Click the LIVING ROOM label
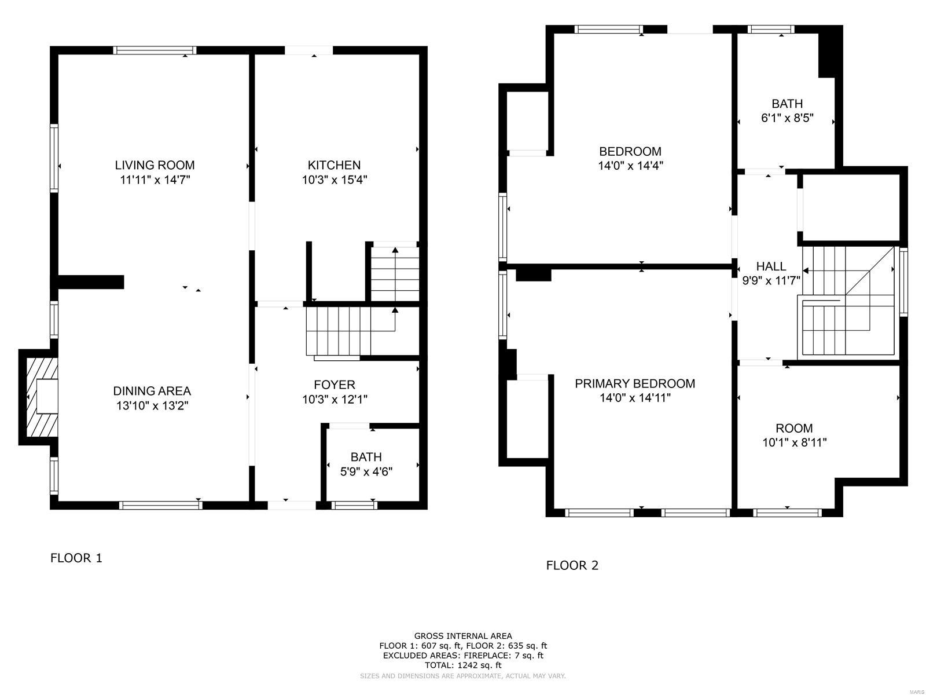point(155,165)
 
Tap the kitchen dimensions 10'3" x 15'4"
point(335,180)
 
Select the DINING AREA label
point(152,391)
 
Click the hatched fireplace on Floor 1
point(42,397)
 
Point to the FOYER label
point(335,385)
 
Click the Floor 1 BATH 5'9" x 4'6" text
point(366,471)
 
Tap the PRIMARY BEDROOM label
point(634,383)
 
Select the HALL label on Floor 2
point(771,266)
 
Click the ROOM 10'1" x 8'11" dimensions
point(794,442)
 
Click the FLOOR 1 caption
point(76,558)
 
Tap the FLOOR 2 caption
point(572,565)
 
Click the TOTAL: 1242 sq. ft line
point(463,665)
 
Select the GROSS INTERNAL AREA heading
point(463,636)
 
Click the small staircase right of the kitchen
point(395,272)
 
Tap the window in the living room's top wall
point(155,50)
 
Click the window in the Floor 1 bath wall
point(354,505)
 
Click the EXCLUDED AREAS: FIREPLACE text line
point(463,656)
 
